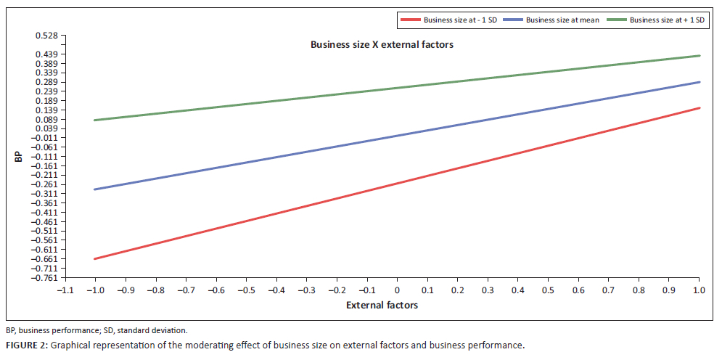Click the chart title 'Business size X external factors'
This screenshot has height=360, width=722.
click(x=382, y=44)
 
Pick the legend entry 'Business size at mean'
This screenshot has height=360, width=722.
click(x=562, y=20)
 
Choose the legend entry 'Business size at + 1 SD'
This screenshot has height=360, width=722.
click(x=667, y=20)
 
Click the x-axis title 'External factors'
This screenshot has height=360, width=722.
click(x=382, y=305)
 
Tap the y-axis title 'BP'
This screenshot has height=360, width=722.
click(x=19, y=156)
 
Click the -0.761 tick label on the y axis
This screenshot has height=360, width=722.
click(x=46, y=277)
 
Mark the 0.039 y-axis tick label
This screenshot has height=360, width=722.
click(x=48, y=128)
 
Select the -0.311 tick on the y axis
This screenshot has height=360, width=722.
click(x=46, y=194)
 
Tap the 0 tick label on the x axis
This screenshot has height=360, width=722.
click(x=397, y=289)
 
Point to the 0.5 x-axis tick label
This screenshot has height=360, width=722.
click(x=548, y=289)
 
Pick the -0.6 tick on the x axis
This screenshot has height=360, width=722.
click(x=216, y=289)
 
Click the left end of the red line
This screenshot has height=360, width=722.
click(x=95, y=259)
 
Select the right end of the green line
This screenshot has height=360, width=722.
click(x=699, y=56)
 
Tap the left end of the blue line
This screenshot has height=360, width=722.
click(x=95, y=189)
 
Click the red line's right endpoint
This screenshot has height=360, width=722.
click(x=699, y=108)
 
